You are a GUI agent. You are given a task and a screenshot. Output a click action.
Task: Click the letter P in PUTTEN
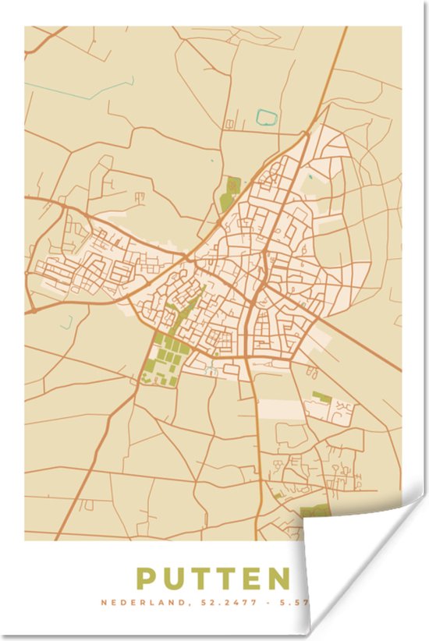click(146, 579)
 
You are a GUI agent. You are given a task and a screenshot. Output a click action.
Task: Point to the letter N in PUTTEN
click(277, 579)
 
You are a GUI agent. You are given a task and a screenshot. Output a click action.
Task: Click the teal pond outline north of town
click(267, 119)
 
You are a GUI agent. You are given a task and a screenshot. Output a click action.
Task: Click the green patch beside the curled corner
click(315, 511)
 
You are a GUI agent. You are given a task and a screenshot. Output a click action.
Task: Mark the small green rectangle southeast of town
click(321, 396)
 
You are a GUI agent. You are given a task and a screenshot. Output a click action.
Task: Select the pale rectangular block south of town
click(281, 409)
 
